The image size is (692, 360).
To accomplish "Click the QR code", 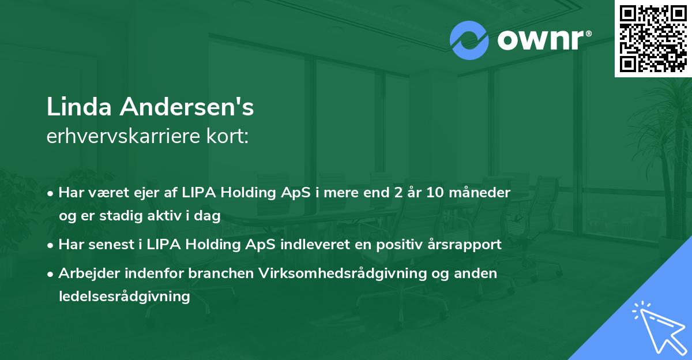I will pos(653,39).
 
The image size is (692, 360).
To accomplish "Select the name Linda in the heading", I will pos(81,108).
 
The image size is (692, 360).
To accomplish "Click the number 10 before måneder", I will pos(435,193).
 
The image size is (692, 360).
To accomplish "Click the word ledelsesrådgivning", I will pos(124,297).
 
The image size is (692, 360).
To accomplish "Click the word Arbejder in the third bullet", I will pos(88,273).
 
